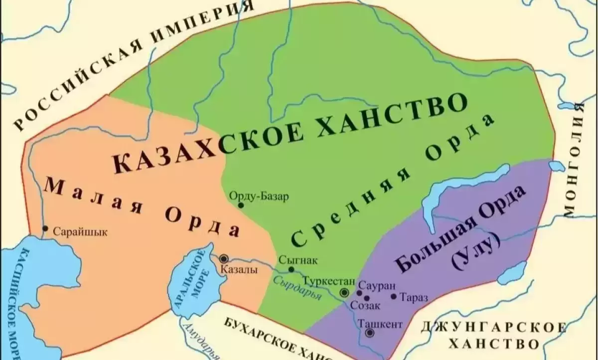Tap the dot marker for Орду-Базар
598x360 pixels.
click(x=241, y=205)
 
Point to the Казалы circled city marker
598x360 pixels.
click(x=224, y=258)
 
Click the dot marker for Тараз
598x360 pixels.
click(x=394, y=297)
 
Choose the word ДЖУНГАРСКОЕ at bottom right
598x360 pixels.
click(x=493, y=328)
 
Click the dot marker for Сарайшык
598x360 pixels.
click(x=45, y=229)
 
